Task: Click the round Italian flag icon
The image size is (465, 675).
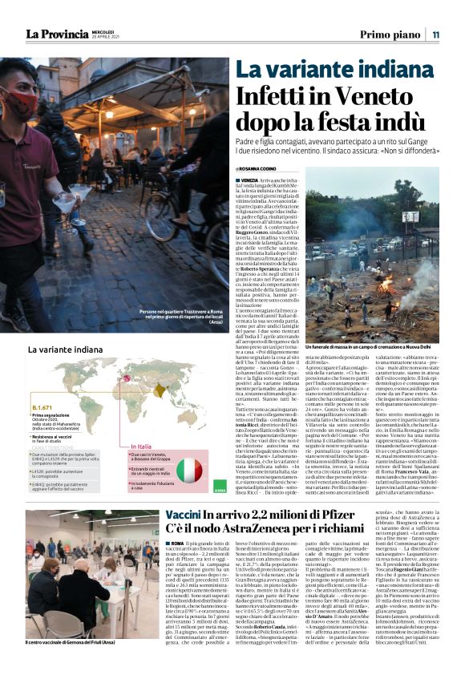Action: point(189,470)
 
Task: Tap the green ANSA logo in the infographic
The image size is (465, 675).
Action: point(220,489)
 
